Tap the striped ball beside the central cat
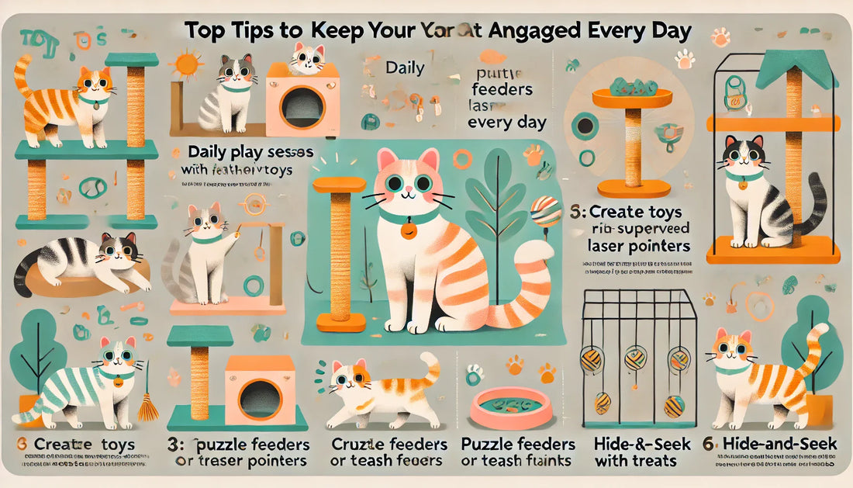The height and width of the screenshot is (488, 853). [547, 210]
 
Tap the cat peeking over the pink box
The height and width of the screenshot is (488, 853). [309, 57]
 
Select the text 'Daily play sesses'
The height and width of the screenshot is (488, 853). [250, 152]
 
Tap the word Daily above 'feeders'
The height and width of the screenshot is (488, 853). [405, 68]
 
